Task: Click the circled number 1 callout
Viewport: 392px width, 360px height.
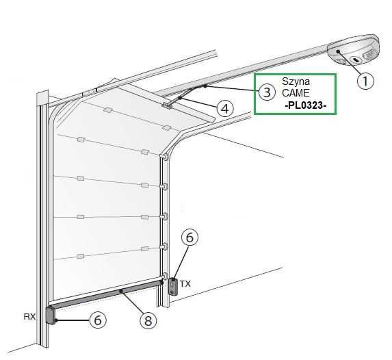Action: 365,81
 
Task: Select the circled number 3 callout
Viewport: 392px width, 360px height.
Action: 267,92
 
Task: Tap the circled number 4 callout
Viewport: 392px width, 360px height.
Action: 225,109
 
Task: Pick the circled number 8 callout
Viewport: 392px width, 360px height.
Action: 148,320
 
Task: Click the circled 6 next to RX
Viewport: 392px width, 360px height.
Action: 98,320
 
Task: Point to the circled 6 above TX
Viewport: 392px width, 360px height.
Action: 190,237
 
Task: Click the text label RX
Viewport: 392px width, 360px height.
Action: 29,316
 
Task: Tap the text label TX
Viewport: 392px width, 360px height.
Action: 185,284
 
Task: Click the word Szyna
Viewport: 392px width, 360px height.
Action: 296,81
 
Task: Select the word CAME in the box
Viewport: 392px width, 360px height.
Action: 296,93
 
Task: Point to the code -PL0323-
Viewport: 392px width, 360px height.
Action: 306,105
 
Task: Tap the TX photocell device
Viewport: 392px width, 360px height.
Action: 173,287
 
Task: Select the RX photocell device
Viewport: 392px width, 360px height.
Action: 51,316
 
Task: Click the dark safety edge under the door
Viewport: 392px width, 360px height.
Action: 106,295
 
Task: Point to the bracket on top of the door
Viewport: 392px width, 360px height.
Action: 167,105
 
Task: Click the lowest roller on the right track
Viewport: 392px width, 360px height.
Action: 164,277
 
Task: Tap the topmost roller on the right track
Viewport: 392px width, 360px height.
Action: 164,157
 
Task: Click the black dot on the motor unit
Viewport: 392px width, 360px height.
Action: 338,51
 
